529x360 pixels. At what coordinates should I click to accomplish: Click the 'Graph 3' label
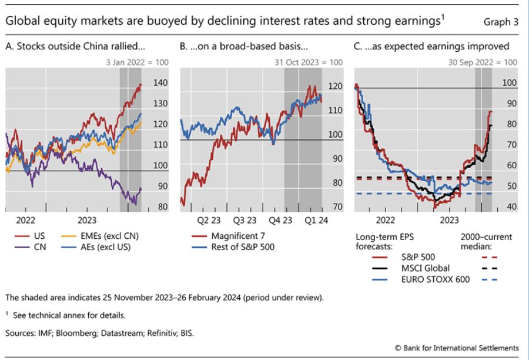[x=501, y=22]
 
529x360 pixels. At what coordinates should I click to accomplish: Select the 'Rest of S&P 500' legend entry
[x=243, y=246]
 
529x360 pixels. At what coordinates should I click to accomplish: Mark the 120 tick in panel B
[x=334, y=86]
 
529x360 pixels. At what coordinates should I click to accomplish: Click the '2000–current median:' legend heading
[x=486, y=242]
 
